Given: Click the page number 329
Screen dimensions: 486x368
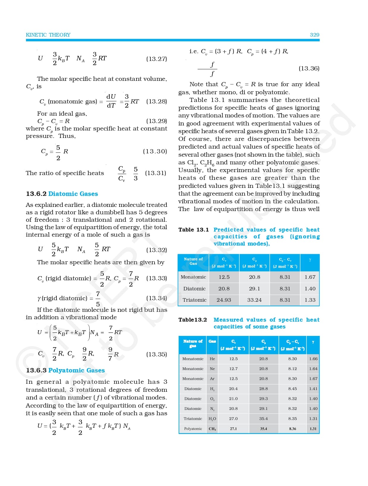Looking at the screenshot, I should coord(314,35).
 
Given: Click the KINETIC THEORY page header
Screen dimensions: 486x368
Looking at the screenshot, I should coord(48,35).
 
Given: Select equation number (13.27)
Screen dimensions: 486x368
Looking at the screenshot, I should coord(156,59).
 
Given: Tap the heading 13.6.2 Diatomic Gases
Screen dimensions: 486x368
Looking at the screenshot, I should coord(62,194).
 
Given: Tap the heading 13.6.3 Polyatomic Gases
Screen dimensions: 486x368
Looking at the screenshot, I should coord(65,370).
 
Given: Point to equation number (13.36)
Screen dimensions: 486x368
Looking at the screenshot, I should coord(309,68).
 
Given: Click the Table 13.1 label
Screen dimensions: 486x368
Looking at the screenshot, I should coord(194,230).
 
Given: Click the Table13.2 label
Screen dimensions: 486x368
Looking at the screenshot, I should coord(193,320).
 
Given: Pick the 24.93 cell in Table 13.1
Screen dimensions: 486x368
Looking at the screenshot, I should coord(224,300).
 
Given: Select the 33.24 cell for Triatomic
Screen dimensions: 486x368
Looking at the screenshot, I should coord(254,300).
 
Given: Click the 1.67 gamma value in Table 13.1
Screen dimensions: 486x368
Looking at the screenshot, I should coord(310,277).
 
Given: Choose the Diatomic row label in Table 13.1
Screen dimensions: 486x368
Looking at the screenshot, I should coord(194,289).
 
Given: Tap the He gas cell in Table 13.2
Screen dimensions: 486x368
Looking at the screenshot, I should coord(212,359).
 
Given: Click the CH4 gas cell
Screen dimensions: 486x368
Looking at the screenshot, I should coord(212,429).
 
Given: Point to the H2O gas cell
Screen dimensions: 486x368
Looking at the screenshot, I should coord(212,419).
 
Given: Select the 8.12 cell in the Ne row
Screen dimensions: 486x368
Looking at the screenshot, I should coord(292,369).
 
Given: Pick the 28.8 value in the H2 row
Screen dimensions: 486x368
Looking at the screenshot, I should coord(263,389).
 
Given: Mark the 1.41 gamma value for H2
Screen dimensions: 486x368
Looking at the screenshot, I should coord(313,389).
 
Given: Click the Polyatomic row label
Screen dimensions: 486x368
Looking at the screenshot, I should coord(193,429).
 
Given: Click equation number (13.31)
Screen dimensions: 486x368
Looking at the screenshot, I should coord(155,173).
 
